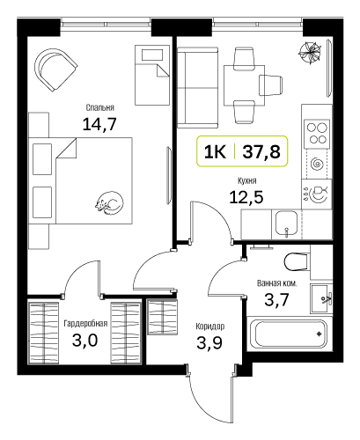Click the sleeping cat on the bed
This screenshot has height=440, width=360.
point(109,203)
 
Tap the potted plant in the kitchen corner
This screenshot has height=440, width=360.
point(309,53)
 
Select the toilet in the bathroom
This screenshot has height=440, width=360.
point(297,261)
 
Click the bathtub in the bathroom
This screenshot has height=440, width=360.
point(290,334)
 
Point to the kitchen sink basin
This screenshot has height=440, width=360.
point(286,224)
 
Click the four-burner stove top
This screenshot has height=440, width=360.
point(317,133)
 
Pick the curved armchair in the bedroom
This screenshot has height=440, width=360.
point(55,70)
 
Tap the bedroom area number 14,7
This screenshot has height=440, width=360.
point(99,124)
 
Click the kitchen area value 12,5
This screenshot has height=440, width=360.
point(246,197)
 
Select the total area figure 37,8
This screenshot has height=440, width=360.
point(261,152)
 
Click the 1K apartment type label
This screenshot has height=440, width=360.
point(215,152)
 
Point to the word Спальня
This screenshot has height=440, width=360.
point(99,107)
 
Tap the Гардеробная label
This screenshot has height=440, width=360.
point(85,323)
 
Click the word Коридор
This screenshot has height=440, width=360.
point(210,326)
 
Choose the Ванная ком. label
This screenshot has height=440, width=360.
point(276,283)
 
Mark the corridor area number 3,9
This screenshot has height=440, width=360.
point(209,342)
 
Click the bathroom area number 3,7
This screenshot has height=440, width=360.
point(276,300)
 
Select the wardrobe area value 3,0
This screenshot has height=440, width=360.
point(84,341)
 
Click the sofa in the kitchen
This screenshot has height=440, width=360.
point(198,87)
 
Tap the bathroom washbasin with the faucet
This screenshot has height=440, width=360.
point(321,298)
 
